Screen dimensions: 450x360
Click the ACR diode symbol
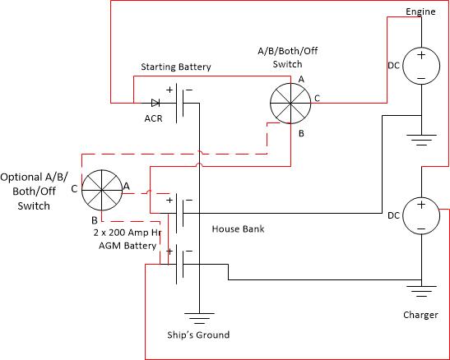155,103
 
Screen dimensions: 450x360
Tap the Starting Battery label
176,67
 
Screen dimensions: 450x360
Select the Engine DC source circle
421,66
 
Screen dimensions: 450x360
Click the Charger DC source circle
421,216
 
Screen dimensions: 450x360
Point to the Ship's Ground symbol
199,318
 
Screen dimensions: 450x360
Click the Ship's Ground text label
198,335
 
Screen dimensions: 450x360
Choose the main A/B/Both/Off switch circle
290,104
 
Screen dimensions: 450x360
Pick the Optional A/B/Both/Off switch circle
102,190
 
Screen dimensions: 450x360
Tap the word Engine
420,12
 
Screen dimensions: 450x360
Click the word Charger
420,315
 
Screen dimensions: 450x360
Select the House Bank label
238,228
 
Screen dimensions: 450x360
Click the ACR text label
153,118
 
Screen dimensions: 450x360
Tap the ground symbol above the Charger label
421,291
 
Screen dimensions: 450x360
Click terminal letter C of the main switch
317,99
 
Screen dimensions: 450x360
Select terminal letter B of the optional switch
95,220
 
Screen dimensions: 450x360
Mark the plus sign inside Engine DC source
421,55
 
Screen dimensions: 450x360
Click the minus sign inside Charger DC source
421,228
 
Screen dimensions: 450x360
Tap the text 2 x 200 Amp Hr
128,233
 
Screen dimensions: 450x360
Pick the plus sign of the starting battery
169,90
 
